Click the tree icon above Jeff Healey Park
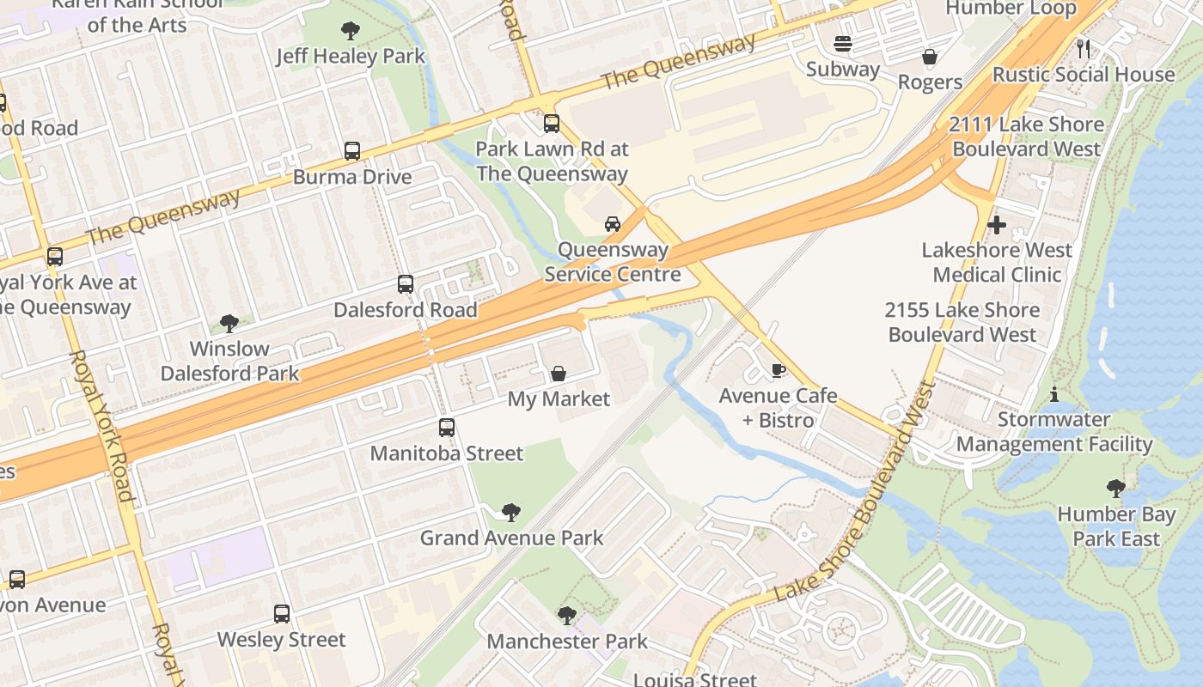click(350, 32)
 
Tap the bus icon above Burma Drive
click(352, 151)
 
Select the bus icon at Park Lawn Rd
click(552, 124)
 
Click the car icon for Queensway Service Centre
click(613, 224)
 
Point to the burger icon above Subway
click(842, 44)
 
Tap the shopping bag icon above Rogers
click(930, 57)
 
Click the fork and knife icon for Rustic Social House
click(1084, 48)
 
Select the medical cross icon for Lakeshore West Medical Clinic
click(997, 225)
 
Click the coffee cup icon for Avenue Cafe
click(778, 371)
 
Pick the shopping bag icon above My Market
click(559, 374)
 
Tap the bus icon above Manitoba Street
click(447, 428)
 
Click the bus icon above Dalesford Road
click(406, 284)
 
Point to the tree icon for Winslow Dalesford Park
click(229, 324)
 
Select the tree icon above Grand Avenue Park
click(511, 513)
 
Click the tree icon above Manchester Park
click(566, 616)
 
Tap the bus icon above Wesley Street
click(282, 614)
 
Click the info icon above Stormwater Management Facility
click(1054, 394)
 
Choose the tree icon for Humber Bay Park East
click(1116, 489)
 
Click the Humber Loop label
click(1011, 9)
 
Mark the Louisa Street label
click(695, 679)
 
